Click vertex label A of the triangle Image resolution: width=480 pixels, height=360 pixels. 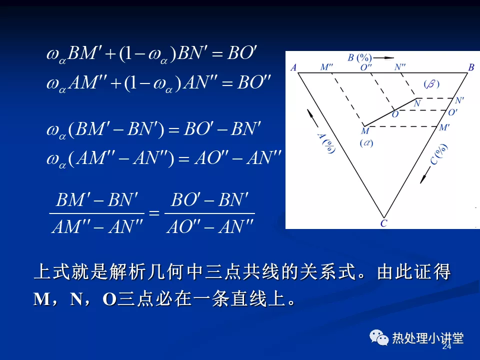click(x=293, y=67)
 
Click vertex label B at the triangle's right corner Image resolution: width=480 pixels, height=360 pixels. click(x=471, y=67)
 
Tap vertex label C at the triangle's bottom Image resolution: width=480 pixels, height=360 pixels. click(x=383, y=223)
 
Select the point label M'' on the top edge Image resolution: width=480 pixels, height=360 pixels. click(x=326, y=66)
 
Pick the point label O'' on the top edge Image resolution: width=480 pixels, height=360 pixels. click(x=366, y=67)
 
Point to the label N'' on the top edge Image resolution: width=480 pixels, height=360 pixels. click(x=400, y=66)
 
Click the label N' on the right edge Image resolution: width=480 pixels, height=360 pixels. click(x=459, y=100)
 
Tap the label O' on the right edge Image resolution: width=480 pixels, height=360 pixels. click(x=453, y=112)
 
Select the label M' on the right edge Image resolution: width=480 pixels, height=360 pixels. click(x=444, y=127)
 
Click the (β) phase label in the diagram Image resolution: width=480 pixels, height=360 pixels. click(x=431, y=84)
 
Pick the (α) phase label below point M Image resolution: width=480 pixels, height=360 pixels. click(x=366, y=143)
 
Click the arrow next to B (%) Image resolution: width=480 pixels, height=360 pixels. click(x=383, y=57)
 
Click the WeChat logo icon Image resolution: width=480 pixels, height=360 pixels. click(x=379, y=337)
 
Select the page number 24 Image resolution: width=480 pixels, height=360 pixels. click(x=446, y=346)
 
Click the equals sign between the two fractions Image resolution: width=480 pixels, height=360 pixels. click(x=154, y=212)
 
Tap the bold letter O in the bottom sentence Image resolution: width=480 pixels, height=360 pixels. click(x=109, y=299)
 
